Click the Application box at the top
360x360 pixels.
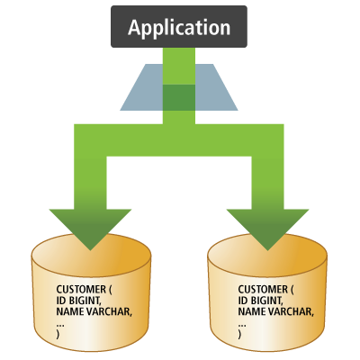[x=178, y=27]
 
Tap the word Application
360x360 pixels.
[x=178, y=27]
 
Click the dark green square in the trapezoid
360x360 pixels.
[x=178, y=97]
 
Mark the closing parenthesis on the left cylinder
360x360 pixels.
[x=58, y=333]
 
